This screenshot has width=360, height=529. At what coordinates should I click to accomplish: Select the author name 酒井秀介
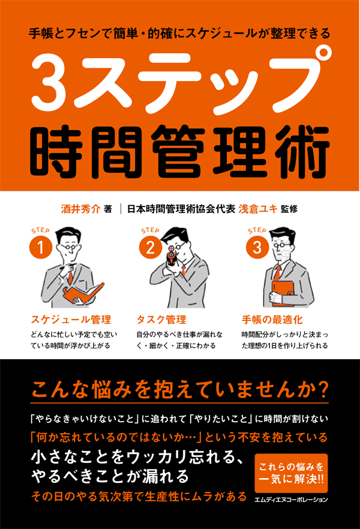tap(80, 209)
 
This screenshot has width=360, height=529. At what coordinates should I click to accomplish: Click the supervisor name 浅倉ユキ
tap(258, 209)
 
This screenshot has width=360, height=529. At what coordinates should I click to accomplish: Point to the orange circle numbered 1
tap(41, 247)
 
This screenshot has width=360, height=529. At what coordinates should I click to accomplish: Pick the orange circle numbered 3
tap(257, 247)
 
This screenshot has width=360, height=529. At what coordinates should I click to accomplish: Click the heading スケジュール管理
tap(71, 320)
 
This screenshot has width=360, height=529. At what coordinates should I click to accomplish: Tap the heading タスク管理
tap(161, 320)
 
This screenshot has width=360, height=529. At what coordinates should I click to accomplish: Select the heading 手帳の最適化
tap(272, 320)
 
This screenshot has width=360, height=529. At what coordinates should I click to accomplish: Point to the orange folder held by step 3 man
tap(283, 293)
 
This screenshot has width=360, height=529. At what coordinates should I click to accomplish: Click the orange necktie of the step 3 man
tap(277, 273)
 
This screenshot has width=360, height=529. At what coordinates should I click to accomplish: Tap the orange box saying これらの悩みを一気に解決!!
tap(291, 473)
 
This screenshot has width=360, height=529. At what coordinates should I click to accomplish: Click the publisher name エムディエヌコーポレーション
tap(291, 500)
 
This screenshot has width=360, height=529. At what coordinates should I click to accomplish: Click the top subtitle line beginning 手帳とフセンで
tap(179, 34)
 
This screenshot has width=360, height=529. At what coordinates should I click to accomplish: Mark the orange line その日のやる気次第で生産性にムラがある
tap(139, 497)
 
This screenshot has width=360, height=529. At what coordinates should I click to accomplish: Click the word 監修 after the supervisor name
tap(289, 209)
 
